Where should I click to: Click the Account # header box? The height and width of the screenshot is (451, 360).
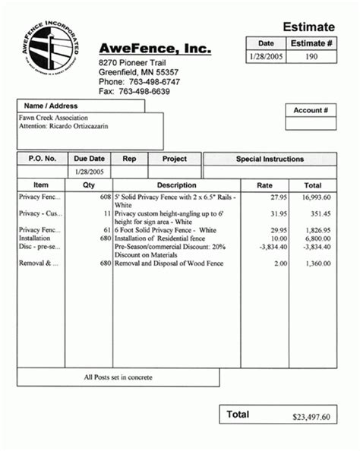pyautogui.click(x=310, y=111)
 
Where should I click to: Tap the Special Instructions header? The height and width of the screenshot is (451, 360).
pyautogui.click(x=270, y=159)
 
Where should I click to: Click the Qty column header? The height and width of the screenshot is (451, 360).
pyautogui.click(x=89, y=184)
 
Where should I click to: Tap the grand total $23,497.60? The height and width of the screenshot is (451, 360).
pyautogui.click(x=311, y=417)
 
